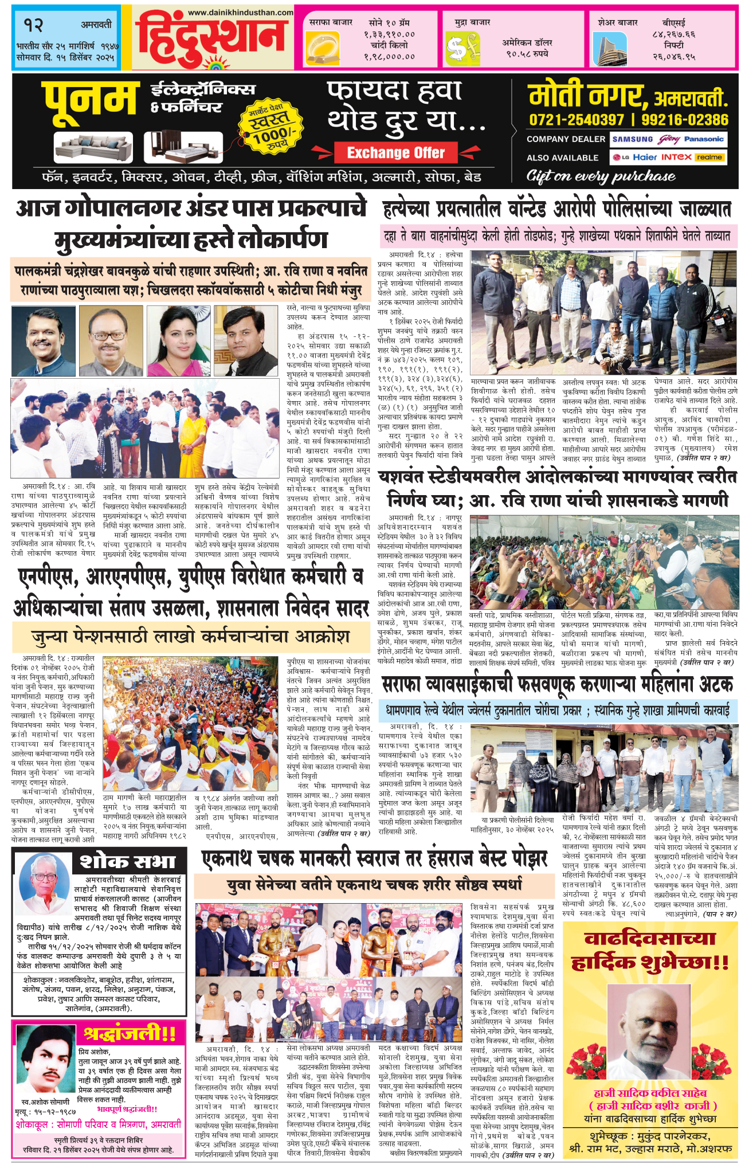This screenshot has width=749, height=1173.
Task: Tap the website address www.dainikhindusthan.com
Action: tap(240, 13)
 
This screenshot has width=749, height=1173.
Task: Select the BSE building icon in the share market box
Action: tap(609, 48)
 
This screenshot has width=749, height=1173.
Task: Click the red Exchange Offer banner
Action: tap(396, 153)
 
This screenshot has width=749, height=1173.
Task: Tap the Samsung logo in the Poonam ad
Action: tap(632, 139)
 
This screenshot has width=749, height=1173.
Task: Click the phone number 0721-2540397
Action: tap(577, 120)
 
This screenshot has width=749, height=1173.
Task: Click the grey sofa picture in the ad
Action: tap(93, 148)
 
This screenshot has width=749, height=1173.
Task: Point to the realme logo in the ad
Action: tap(709, 157)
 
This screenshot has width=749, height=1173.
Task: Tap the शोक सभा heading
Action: tap(127, 862)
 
